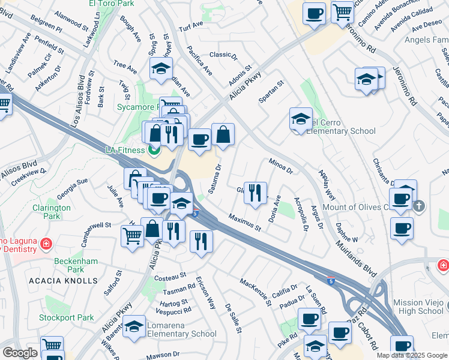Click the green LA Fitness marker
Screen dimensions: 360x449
pos(155,150)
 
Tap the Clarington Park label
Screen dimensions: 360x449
pos(52,212)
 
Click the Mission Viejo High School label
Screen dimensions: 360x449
pos(418,307)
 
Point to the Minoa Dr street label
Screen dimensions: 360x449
pos(280,166)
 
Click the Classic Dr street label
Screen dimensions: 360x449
pos(223,55)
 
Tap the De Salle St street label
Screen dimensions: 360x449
pos(233,319)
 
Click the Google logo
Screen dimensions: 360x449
pos(20,353)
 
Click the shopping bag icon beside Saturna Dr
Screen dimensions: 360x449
pos(223,135)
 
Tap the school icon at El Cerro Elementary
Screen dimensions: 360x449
pos(301,118)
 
